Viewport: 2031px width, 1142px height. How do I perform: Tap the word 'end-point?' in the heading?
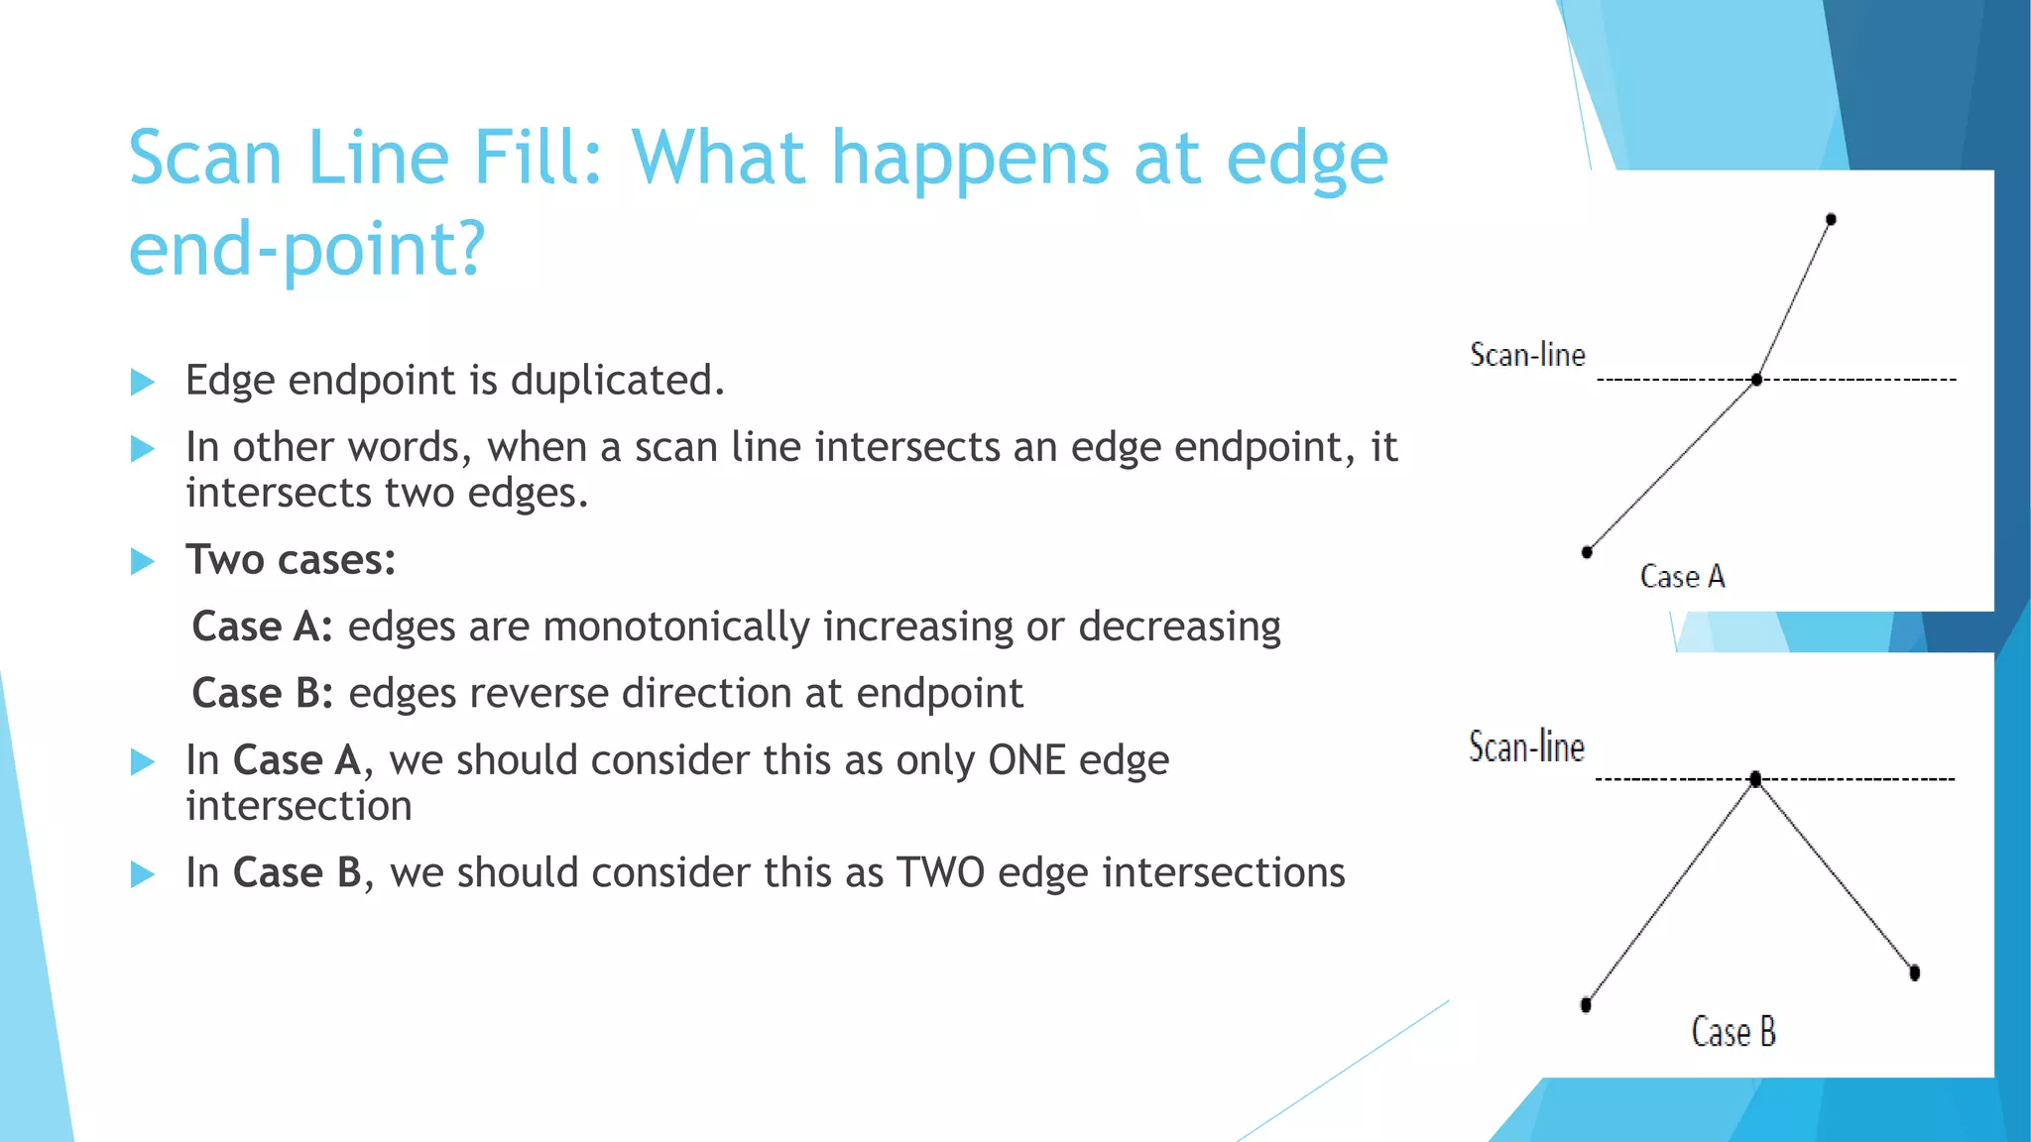coord(306,249)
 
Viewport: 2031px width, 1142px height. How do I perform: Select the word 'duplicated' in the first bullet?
coord(616,381)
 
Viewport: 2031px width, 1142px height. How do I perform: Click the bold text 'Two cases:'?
coord(291,560)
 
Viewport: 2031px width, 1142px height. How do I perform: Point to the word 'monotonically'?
coord(676,627)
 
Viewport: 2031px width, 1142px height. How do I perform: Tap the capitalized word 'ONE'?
coord(1027,760)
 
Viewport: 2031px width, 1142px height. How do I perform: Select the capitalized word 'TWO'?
coord(940,872)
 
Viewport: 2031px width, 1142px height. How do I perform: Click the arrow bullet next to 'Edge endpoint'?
coord(143,382)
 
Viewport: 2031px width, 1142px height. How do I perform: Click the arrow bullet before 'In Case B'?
coord(143,874)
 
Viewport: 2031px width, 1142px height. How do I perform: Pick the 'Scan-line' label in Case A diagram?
coord(1527,355)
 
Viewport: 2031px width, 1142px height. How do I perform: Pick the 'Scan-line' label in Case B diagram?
coord(1526,747)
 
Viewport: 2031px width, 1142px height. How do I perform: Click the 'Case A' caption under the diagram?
coord(1682,576)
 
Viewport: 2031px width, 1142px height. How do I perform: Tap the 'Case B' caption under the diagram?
coord(1732,1032)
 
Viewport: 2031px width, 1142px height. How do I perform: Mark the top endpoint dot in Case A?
coord(1831,219)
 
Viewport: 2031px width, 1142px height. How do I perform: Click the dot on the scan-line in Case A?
coord(1756,380)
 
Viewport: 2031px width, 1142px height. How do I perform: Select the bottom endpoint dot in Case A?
coord(1587,552)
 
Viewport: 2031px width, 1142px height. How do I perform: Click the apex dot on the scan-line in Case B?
coord(1755,779)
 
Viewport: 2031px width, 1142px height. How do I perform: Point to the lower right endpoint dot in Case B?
coord(1914,972)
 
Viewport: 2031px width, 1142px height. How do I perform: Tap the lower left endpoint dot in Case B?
coord(1586,1005)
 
